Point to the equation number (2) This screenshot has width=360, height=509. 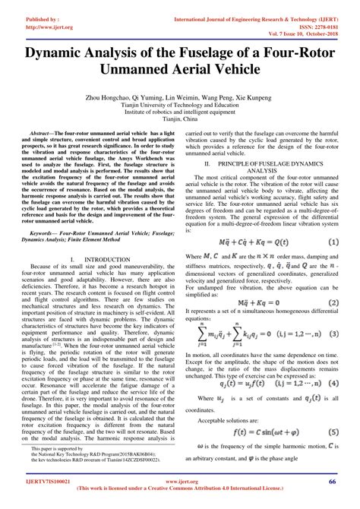pyautogui.click(x=332, y=280)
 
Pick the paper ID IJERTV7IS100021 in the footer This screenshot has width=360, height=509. pyautogui.click(x=40, y=480)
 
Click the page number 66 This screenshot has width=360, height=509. pyautogui.click(x=333, y=480)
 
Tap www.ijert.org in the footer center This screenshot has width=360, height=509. pyautogui.click(x=180, y=480)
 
